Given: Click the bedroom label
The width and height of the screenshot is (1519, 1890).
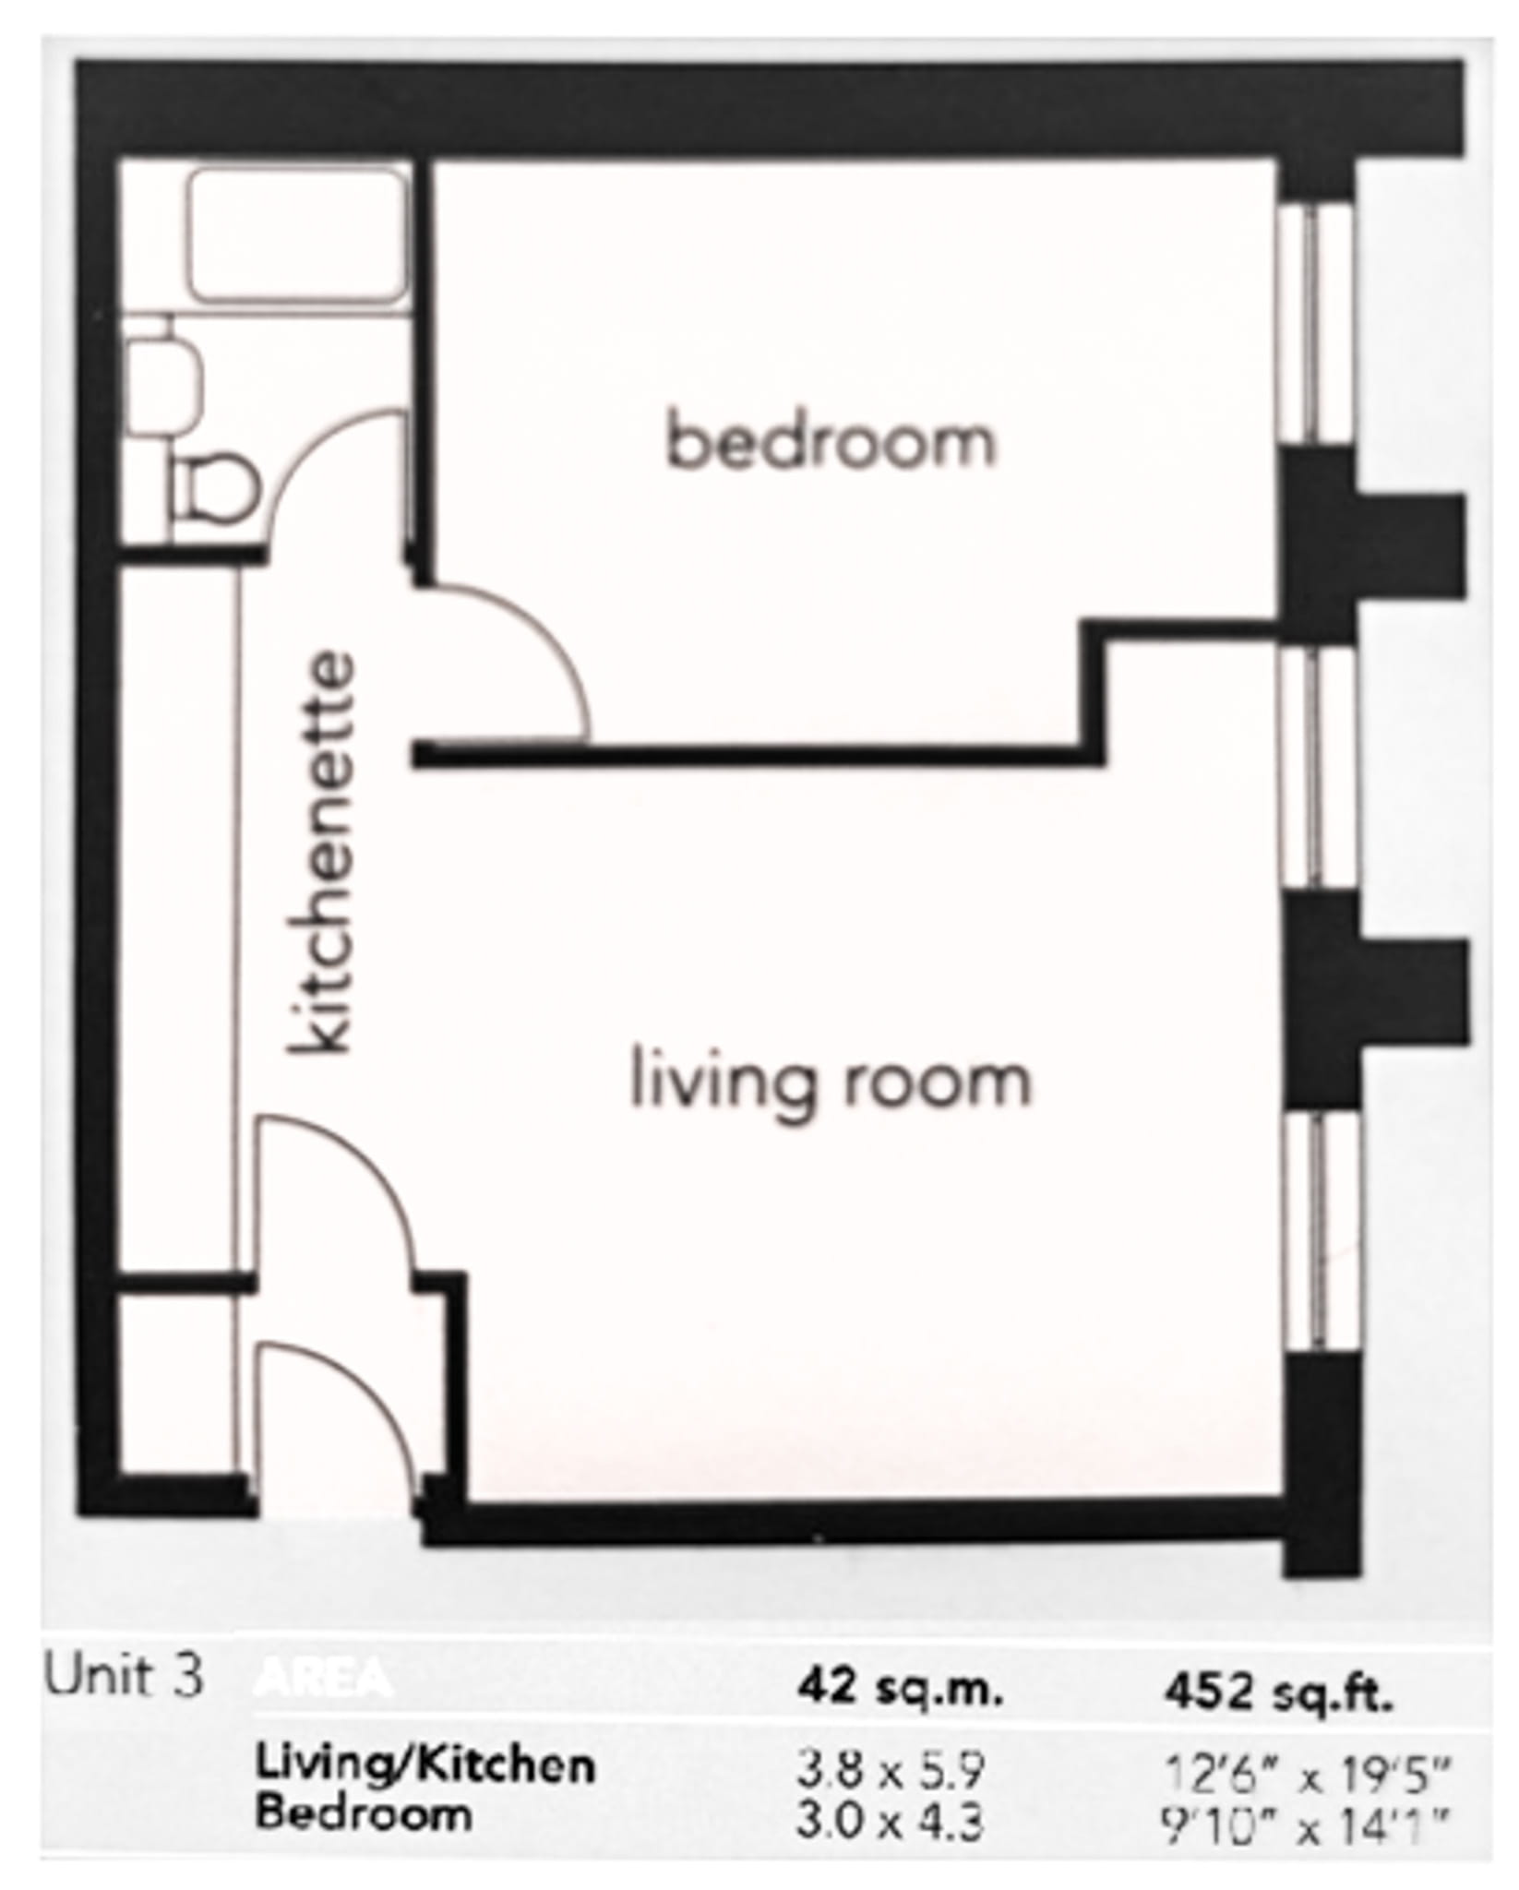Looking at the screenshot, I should [x=831, y=443].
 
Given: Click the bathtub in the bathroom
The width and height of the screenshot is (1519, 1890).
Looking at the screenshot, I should [x=297, y=236].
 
